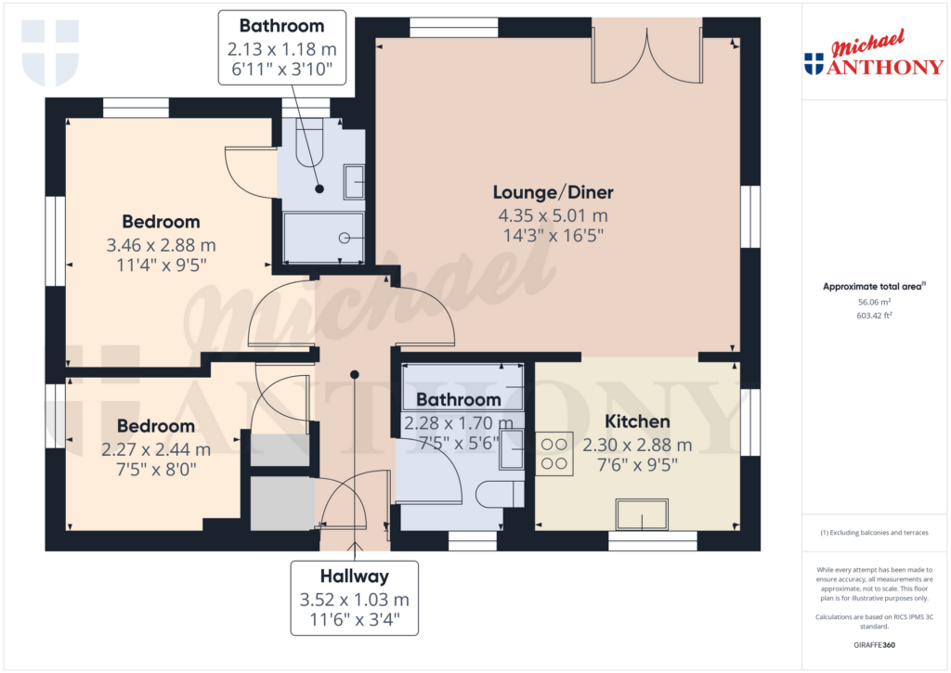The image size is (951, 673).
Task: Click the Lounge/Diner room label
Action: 553,193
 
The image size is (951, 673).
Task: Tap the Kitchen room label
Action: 637,422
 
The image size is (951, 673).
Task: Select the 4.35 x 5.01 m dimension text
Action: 553,215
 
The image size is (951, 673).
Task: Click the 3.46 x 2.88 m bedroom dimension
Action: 161,245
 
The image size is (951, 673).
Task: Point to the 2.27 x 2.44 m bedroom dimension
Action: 155,449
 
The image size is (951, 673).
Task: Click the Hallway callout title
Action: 354,576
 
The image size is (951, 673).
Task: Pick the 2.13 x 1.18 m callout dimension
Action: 281,46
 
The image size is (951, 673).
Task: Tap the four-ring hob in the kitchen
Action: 554,453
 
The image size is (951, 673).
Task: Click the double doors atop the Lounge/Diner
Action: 647,51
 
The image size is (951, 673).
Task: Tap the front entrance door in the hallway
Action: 354,506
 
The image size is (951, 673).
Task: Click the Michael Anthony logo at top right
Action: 873,59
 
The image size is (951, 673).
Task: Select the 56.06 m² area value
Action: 873,302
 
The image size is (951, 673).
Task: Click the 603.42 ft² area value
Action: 873,316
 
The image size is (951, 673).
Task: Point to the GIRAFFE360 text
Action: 873,644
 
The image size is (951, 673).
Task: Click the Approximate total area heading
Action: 873,287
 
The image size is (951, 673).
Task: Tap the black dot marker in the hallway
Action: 354,374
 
